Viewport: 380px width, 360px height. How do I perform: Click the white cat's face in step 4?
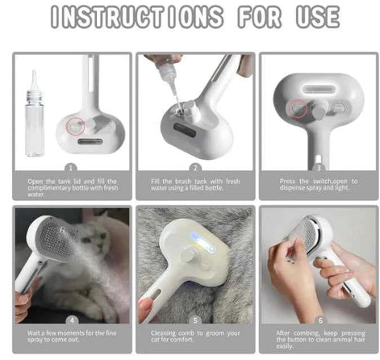click(102, 242)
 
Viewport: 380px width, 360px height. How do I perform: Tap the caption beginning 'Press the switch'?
click(317, 185)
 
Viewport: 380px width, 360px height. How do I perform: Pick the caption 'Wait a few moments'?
click(72, 337)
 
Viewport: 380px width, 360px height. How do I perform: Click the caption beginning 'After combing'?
click(317, 341)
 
